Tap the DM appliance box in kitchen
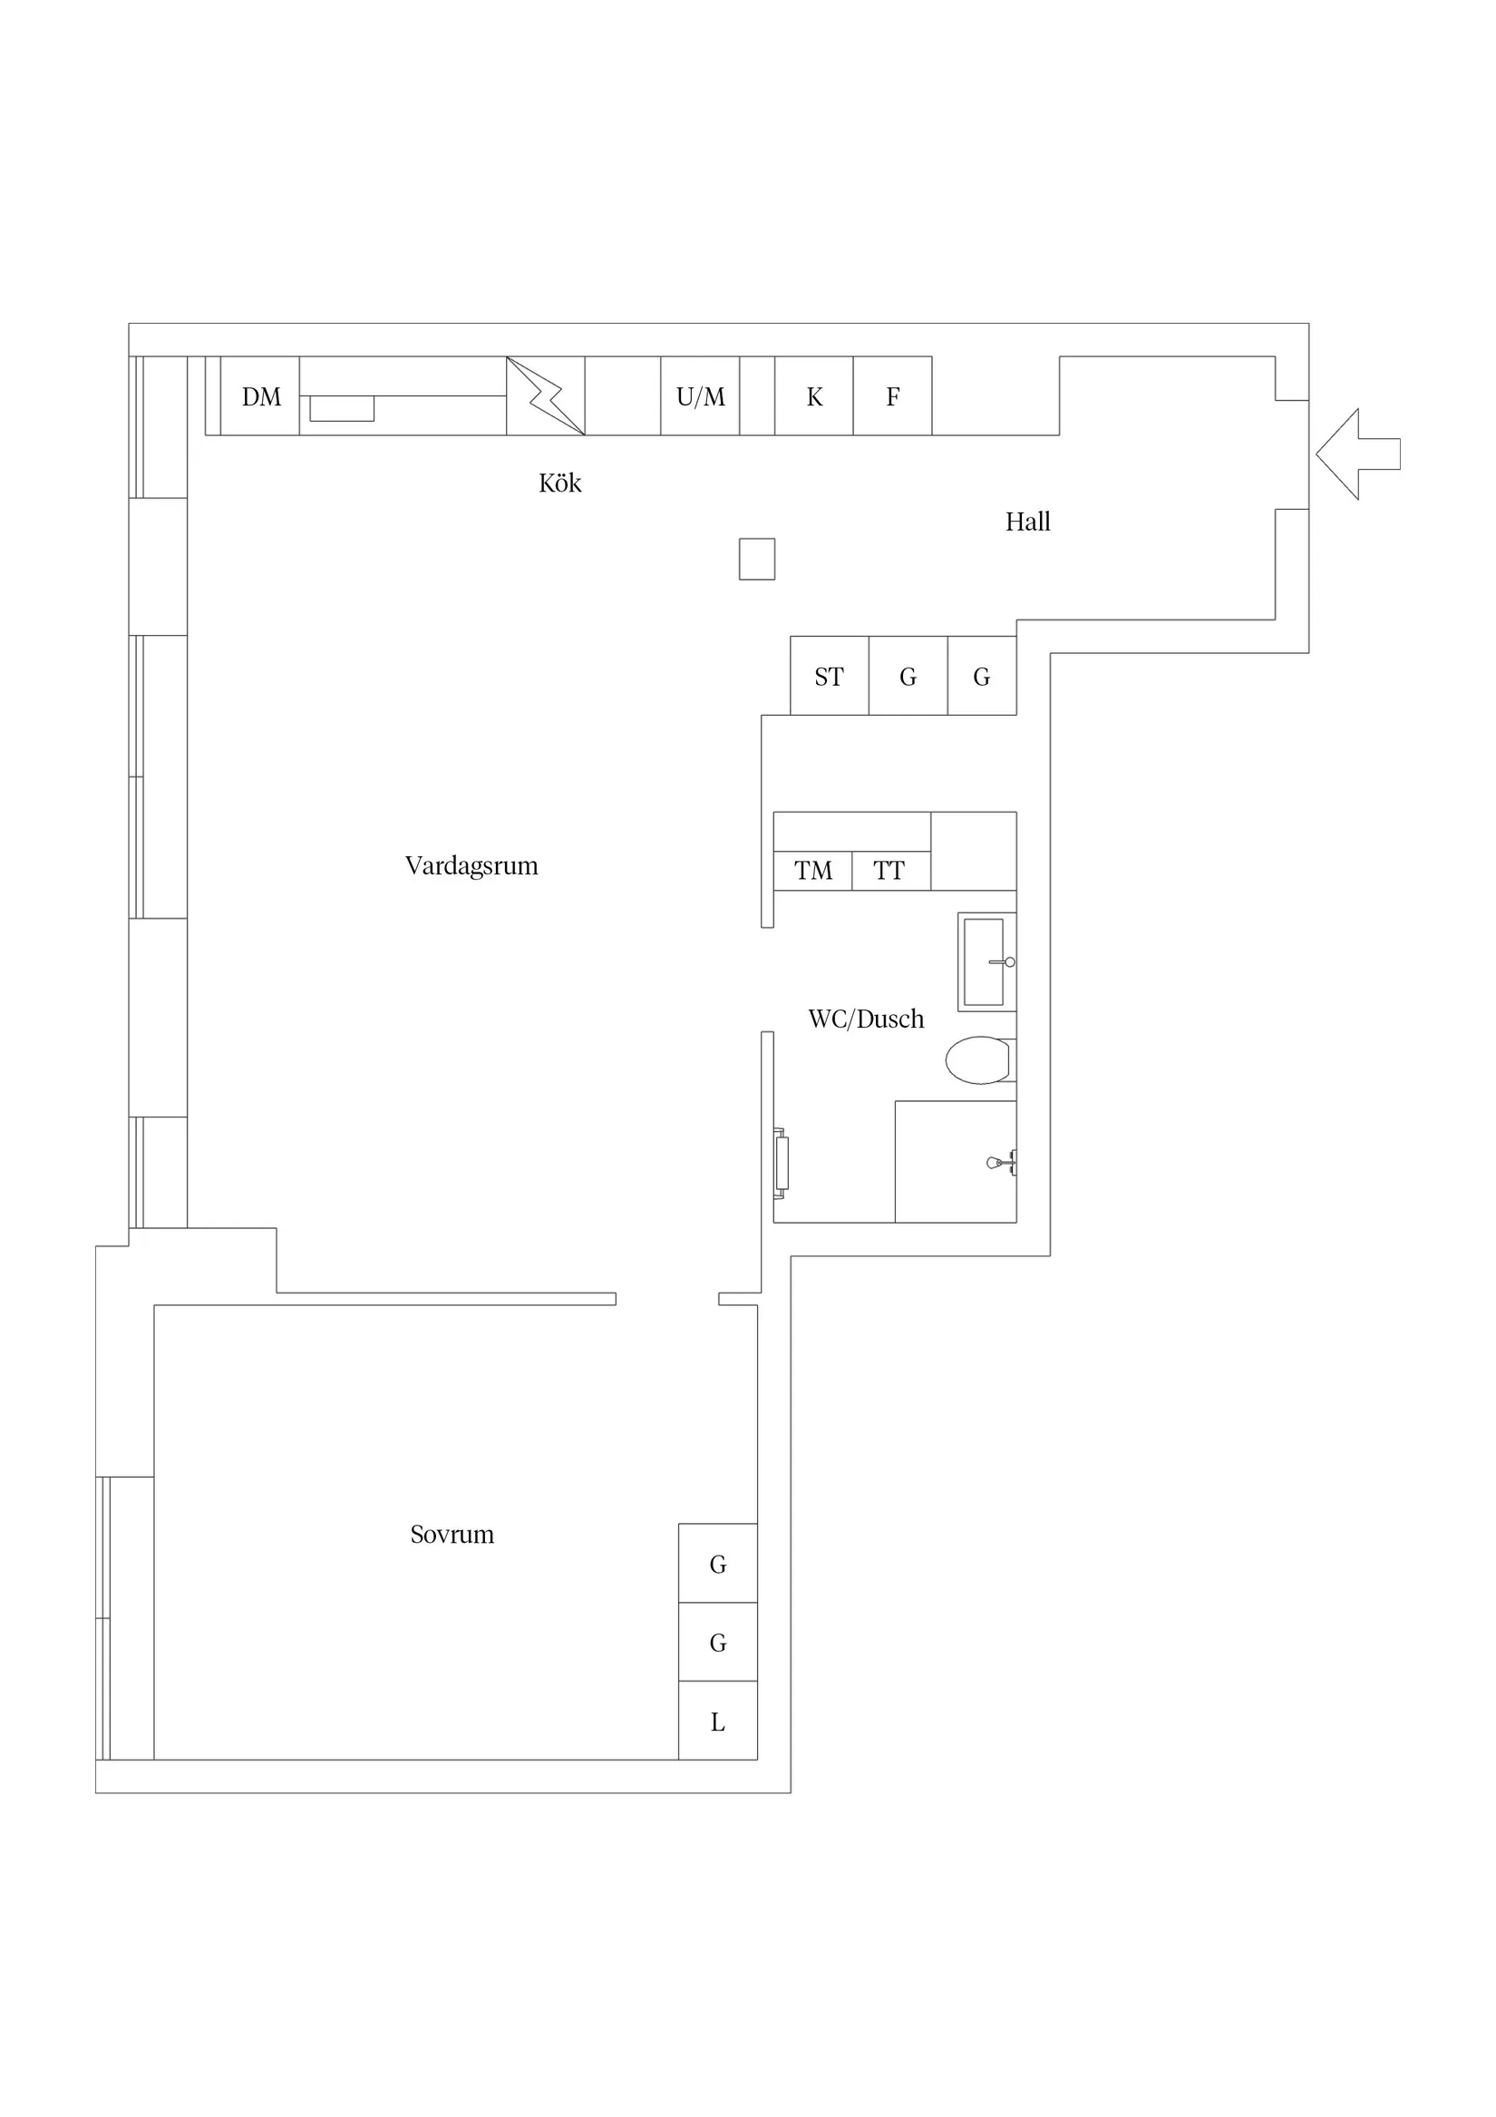[260, 395]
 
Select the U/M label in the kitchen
[701, 396]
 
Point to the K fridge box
[814, 395]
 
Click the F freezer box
[892, 395]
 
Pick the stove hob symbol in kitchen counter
[546, 395]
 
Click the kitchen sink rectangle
[342, 407]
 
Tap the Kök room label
[559, 483]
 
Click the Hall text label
[1028, 522]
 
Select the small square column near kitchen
[757, 559]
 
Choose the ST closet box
[830, 676]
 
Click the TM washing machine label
[813, 871]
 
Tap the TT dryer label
[889, 871]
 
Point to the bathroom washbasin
[986, 961]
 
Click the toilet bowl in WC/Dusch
[979, 1060]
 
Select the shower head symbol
[1001, 1163]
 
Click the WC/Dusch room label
[866, 1019]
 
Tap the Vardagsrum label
[471, 866]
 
